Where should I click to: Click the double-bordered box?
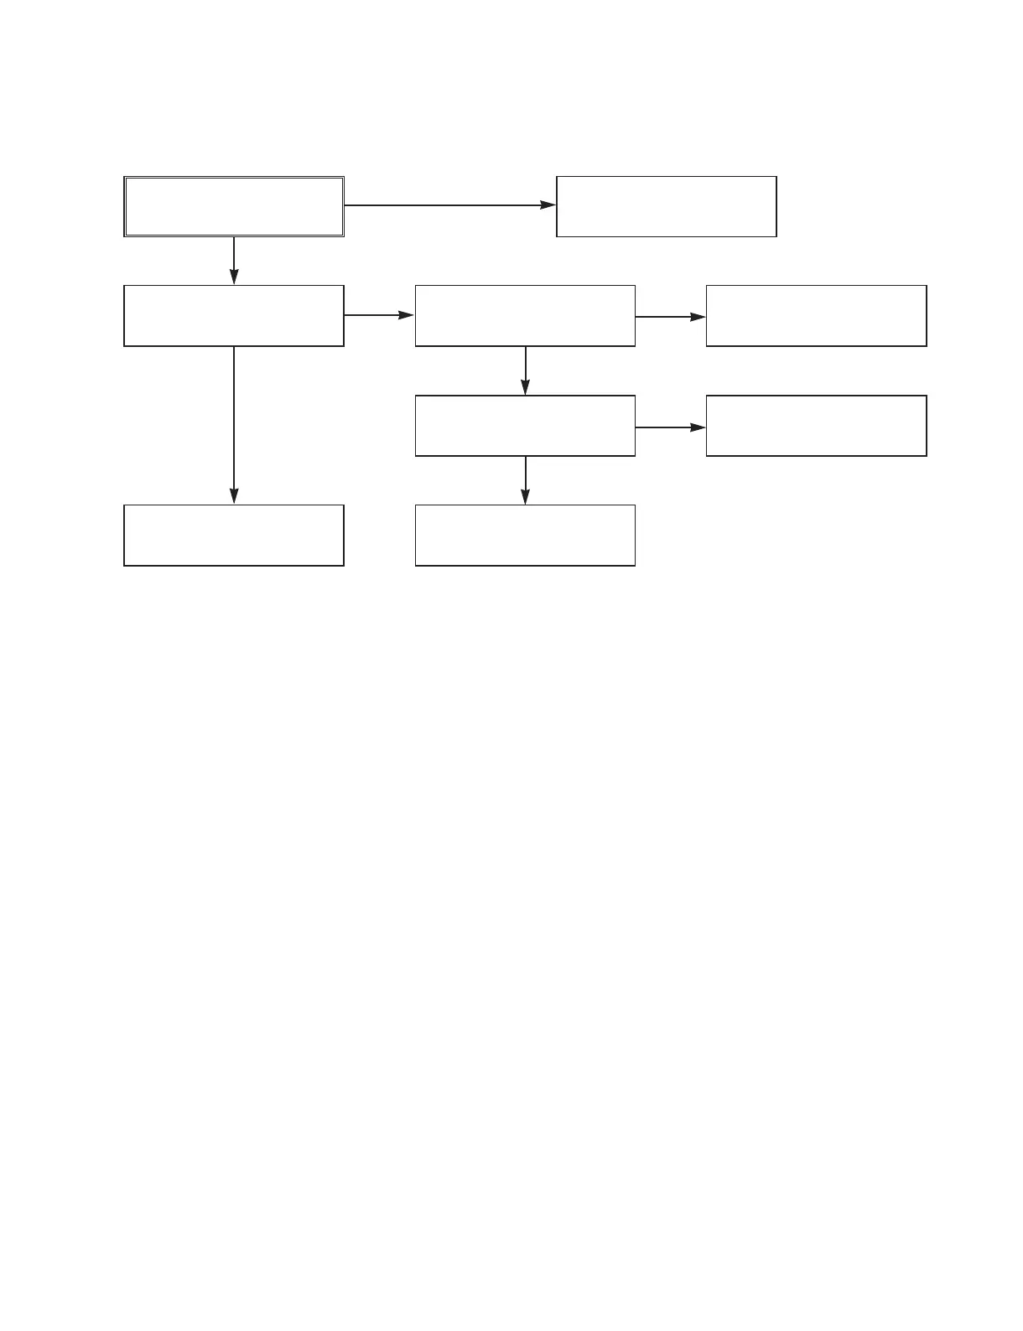tap(234, 206)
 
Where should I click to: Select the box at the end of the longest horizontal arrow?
tap(667, 206)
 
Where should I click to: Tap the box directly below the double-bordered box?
tap(234, 315)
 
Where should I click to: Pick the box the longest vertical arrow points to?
tap(234, 535)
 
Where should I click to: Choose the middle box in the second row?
tap(525, 315)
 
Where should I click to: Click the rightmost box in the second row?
tap(816, 315)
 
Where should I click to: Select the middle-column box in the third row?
tap(525, 426)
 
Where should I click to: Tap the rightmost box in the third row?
tap(816, 426)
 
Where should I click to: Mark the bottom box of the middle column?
tap(525, 535)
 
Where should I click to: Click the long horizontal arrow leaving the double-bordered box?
tap(449, 205)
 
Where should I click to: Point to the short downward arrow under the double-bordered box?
tap(234, 261)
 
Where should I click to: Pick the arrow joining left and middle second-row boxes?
tap(379, 315)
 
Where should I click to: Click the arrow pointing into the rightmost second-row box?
tap(670, 317)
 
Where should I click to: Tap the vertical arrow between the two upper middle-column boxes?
tap(525, 370)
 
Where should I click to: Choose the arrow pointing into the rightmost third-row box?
tap(670, 427)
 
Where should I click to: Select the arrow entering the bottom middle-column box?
tap(525, 480)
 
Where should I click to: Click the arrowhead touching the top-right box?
tap(548, 205)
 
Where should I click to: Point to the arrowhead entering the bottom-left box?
tap(234, 495)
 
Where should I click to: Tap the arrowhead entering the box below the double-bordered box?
tap(234, 277)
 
